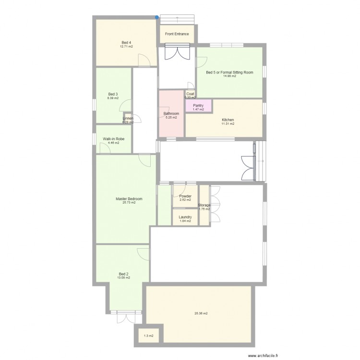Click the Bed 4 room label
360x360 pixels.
[x=127, y=43]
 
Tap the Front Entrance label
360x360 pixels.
[x=177, y=34]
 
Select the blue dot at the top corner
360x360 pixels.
[x=157, y=18]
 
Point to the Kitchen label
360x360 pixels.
[x=228, y=120]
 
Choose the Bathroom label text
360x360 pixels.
[x=171, y=114]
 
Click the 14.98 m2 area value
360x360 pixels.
[x=229, y=76]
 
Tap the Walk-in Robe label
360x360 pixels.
[x=113, y=139]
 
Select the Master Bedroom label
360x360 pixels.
[x=129, y=199]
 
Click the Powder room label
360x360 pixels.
[x=185, y=196]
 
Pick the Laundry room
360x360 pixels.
[x=185, y=217]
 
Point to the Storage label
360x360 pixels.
[x=204, y=205]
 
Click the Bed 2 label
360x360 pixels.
[x=123, y=274]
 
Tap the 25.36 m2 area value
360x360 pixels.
[x=201, y=313]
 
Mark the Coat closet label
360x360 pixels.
[x=190, y=94]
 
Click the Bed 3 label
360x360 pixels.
[x=113, y=94]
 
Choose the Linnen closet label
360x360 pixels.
[x=128, y=118]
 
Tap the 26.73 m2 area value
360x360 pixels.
[x=129, y=203]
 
